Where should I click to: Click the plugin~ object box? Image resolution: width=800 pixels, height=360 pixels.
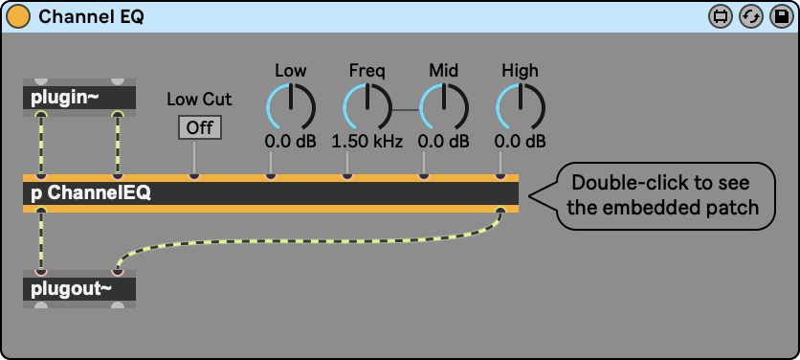[x=79, y=98]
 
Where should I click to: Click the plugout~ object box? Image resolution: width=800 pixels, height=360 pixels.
[x=79, y=289]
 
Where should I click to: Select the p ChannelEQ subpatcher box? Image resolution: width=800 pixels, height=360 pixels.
[x=271, y=193]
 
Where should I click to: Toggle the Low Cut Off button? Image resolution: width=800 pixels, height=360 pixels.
[x=199, y=127]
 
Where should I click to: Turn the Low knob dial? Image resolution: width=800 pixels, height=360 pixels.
[x=291, y=107]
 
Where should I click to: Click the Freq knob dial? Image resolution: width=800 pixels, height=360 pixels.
[x=367, y=107]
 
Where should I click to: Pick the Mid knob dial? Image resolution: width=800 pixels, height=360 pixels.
[x=444, y=107]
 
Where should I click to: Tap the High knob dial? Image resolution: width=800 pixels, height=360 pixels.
[x=521, y=107]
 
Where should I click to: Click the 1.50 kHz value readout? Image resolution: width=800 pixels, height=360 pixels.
[x=367, y=142]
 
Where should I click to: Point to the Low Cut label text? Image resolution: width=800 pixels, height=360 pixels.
[x=199, y=99]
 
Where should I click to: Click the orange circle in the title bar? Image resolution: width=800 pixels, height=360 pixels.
[x=18, y=17]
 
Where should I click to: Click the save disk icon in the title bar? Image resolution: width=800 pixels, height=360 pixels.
[x=781, y=17]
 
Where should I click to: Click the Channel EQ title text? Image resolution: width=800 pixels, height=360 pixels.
[x=91, y=17]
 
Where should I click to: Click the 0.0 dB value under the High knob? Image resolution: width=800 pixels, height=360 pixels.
[x=521, y=142]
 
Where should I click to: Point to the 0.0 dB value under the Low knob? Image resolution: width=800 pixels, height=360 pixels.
[x=291, y=142]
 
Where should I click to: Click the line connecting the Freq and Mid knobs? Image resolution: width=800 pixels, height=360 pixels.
[x=406, y=110]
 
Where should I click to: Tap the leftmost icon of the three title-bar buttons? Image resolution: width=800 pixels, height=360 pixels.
[x=721, y=17]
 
